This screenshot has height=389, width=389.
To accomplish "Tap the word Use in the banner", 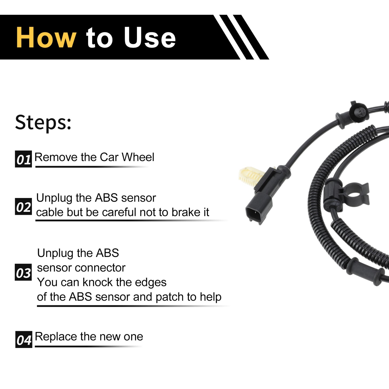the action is pyautogui.click(x=150, y=37).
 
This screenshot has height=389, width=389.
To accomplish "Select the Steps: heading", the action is pyautogui.click(x=43, y=123).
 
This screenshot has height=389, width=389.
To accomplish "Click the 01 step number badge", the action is pyautogui.click(x=24, y=159).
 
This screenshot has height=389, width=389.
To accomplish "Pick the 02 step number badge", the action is pyautogui.click(x=24, y=206).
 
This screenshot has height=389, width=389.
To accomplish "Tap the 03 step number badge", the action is pyautogui.click(x=23, y=272).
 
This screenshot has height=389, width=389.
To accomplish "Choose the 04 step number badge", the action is pyautogui.click(x=24, y=339).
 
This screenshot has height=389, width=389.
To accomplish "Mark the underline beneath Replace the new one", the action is pyautogui.click(x=88, y=347).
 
